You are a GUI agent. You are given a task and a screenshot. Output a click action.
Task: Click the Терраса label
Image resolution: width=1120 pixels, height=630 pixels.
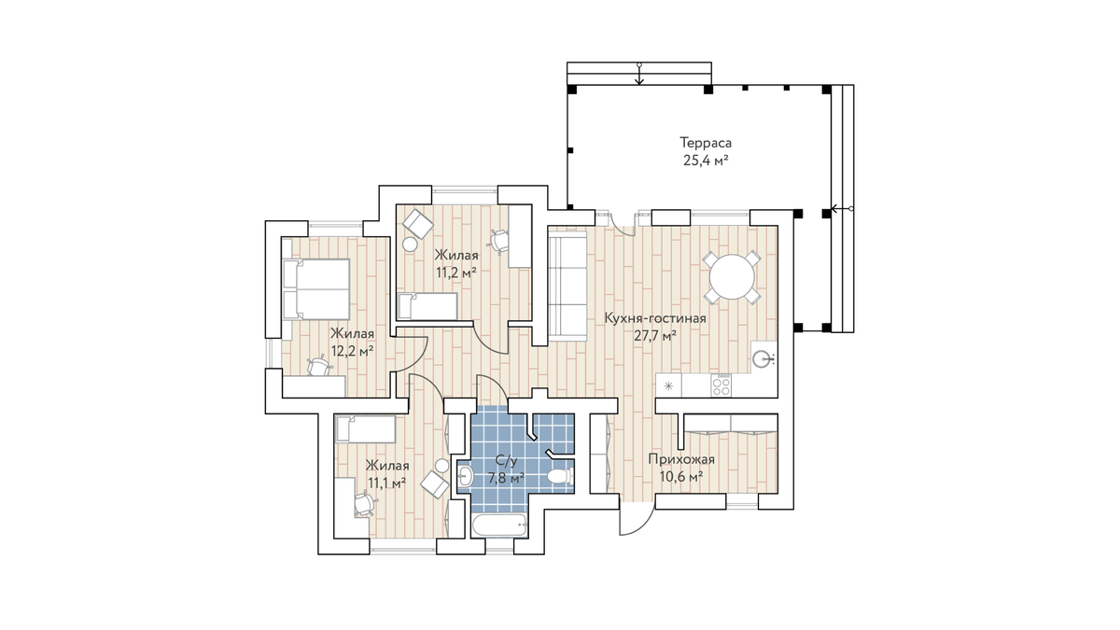[706, 143]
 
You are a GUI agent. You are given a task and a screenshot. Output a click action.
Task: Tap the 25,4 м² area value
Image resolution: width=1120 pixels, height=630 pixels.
[706, 161]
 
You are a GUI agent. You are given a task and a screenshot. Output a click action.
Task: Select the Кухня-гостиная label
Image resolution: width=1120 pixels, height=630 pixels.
[655, 318]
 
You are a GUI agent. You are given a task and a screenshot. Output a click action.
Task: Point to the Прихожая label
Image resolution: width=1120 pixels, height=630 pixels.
[681, 459]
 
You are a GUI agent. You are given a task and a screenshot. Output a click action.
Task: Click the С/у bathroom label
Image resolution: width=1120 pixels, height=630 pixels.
[506, 460]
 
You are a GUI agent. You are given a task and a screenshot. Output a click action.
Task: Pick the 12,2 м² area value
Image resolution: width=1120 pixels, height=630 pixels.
[353, 351]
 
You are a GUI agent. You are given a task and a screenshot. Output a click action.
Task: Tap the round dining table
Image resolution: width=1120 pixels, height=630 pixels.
[732, 277]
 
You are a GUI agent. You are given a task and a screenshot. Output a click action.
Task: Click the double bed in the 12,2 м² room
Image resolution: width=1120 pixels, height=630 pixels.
[315, 289]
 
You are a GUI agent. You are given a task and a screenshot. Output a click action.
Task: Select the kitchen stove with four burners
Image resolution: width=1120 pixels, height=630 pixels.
[721, 385]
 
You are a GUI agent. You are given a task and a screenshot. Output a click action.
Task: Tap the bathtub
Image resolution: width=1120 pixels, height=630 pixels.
[498, 525]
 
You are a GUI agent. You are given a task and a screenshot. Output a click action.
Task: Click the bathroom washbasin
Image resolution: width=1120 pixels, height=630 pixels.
[465, 476]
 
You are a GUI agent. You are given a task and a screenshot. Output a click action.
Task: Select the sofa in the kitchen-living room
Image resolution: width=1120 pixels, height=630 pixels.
[567, 286]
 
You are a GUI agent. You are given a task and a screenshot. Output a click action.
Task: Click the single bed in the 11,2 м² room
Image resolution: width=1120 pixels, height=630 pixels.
[427, 306]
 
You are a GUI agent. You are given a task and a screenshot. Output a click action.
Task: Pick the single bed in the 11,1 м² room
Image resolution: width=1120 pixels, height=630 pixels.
[366, 429]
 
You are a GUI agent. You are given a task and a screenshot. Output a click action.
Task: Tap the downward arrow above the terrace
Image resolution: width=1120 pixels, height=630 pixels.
[639, 74]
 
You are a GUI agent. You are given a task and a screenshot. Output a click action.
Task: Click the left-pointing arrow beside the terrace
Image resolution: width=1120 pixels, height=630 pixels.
[843, 208]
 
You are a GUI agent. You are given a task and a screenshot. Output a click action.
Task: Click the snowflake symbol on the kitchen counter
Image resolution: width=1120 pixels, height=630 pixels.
[669, 385]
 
